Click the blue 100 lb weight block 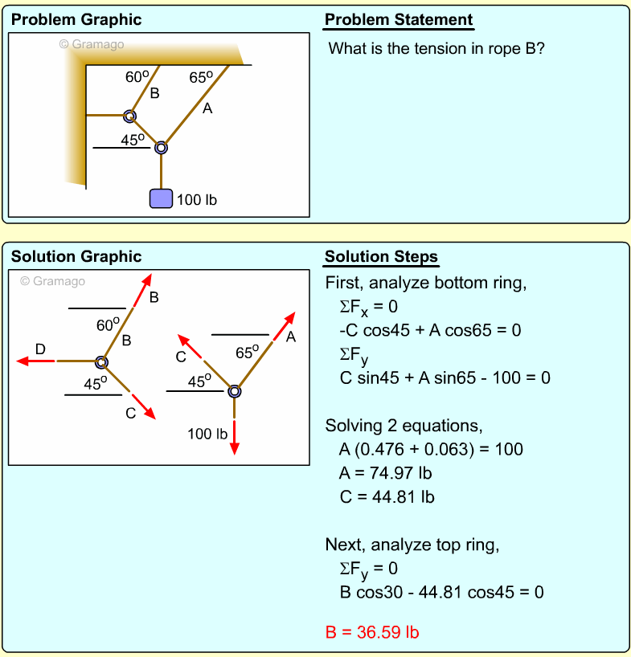coord(162,198)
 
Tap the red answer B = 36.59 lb coord(371,632)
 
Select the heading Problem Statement coord(399,20)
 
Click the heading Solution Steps coord(381,257)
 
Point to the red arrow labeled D coord(37,361)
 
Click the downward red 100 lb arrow coord(234,438)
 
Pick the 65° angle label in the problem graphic coord(201,78)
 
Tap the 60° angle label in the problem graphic coord(137,77)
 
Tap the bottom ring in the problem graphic coord(162,147)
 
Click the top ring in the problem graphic coord(129,116)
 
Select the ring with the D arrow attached coord(101,362)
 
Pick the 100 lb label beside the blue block coord(196,199)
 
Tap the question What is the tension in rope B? coord(437,48)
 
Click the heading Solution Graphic coord(76,257)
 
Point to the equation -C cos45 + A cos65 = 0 coord(430,329)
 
